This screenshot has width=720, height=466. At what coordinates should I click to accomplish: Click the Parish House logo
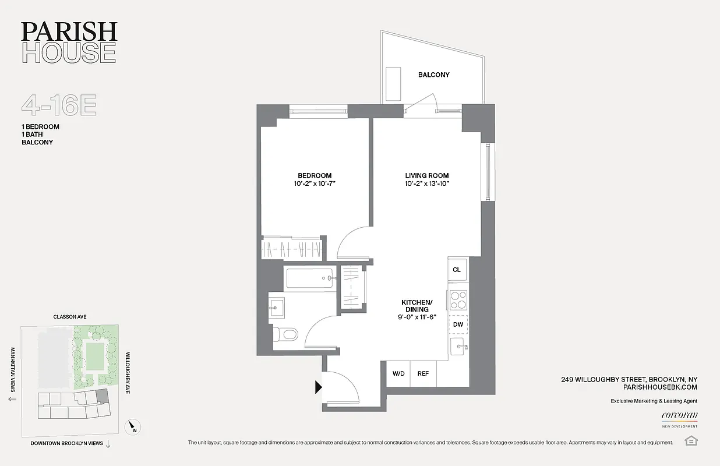click(x=69, y=43)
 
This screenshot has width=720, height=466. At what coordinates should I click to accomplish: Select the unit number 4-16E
click(x=59, y=105)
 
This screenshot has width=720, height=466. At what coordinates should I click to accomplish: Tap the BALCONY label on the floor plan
click(x=433, y=75)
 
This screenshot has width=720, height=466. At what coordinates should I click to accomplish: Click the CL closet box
click(x=457, y=270)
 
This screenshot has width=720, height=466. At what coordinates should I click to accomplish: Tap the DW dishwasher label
click(x=458, y=324)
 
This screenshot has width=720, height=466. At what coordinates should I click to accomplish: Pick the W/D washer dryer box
click(x=398, y=373)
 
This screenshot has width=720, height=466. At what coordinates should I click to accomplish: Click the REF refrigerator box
click(x=423, y=373)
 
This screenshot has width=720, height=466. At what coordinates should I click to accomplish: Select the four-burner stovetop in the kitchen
click(x=458, y=299)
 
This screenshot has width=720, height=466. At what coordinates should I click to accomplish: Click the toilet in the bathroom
click(x=287, y=334)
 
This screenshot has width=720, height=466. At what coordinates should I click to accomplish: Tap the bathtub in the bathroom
click(x=310, y=278)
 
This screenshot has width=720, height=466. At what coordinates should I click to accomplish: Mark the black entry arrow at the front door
click(x=319, y=387)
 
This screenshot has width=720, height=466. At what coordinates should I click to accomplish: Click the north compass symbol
click(x=133, y=428)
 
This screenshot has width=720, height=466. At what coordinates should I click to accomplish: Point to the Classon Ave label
click(x=70, y=317)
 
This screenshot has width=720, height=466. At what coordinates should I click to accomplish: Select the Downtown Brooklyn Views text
click(x=66, y=443)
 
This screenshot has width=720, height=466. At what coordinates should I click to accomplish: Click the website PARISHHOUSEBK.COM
click(x=660, y=387)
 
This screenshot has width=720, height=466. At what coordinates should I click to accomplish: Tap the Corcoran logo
click(x=679, y=416)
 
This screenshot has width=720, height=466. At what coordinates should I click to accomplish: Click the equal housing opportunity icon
click(x=691, y=440)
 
